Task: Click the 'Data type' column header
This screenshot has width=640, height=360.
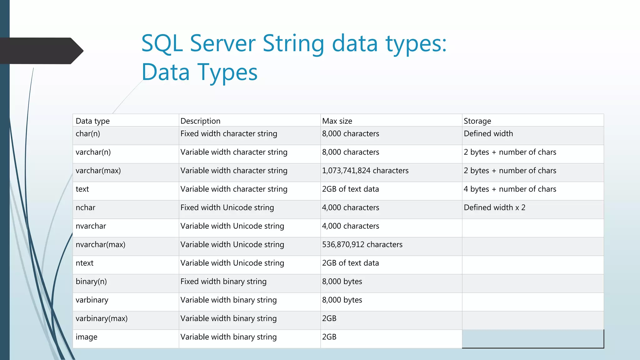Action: (92, 121)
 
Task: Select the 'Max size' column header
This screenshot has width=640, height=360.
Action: (337, 121)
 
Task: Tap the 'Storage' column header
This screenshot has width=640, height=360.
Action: (477, 121)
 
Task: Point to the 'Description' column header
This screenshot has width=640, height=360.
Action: (200, 121)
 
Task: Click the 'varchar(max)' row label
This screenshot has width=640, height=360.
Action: (98, 171)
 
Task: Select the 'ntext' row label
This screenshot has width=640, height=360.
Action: (84, 263)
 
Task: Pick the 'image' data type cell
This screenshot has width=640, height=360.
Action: (86, 337)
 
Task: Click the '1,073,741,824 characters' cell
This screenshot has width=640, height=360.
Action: (365, 171)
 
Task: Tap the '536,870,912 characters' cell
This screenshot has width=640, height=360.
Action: (362, 245)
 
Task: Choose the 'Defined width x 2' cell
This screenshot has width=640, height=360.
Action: (494, 207)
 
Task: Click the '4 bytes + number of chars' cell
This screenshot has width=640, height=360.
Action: (510, 189)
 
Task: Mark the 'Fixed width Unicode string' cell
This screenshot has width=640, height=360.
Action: (227, 207)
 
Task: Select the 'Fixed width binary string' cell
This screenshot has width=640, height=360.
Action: (223, 282)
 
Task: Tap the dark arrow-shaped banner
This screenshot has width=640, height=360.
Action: (41, 51)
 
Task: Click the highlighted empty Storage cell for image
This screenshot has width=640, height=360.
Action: (532, 338)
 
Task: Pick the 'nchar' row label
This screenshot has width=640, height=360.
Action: (85, 207)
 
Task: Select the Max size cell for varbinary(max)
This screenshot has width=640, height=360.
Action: (329, 318)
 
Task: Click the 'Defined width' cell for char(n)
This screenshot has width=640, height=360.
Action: (488, 134)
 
